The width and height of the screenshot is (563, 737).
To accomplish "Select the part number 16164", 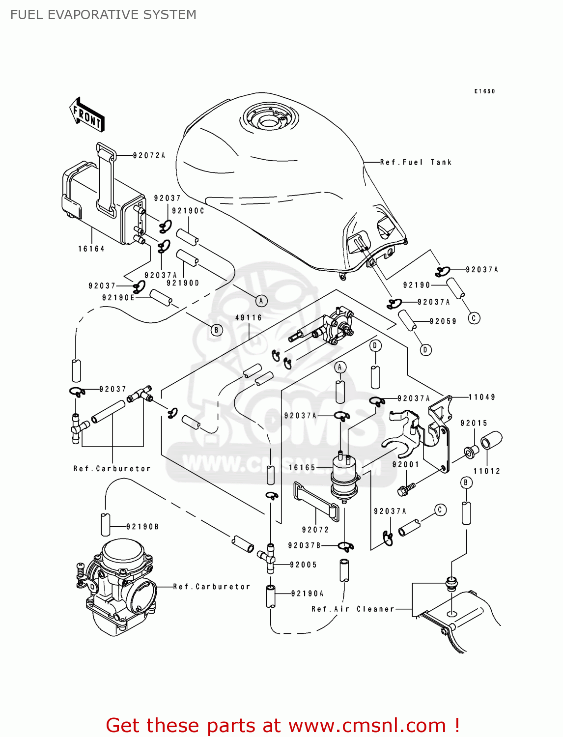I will click(x=91, y=249).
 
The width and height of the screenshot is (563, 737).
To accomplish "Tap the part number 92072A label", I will click(x=149, y=156).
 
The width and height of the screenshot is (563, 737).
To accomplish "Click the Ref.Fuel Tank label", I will click(x=416, y=162).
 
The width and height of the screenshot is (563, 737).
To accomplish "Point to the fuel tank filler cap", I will click(x=269, y=119).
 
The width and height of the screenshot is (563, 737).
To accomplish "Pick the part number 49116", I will click(x=249, y=318).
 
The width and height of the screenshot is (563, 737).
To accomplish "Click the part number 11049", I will click(x=481, y=397).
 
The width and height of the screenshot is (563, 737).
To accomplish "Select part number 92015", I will click(x=474, y=423).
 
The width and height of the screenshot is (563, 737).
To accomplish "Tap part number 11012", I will click(x=486, y=471).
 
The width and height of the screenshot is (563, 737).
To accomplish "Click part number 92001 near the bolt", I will click(x=406, y=464).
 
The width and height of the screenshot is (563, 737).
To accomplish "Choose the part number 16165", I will click(x=302, y=467).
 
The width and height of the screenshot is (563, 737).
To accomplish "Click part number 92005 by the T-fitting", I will click(x=303, y=565).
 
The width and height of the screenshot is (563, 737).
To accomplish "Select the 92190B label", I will click(x=142, y=527).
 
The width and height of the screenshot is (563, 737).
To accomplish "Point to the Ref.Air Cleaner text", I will click(x=353, y=609).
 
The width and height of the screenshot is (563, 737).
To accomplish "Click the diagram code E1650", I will click(x=484, y=91).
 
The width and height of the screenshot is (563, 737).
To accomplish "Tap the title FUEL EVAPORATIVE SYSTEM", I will click(x=103, y=15).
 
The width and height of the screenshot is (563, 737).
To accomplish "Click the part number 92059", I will click(x=443, y=321).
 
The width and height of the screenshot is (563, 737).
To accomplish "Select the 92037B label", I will click(x=305, y=545).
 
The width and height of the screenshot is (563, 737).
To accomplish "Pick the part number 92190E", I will click(x=118, y=298).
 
